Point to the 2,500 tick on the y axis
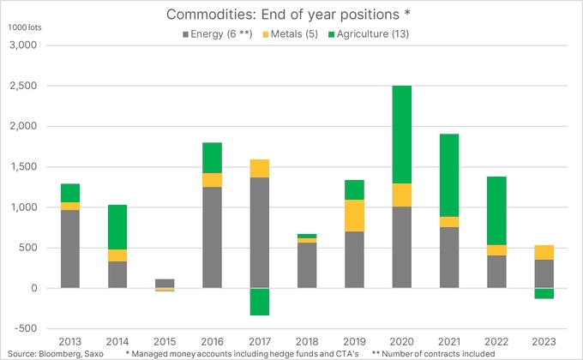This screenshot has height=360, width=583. point(30,86)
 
